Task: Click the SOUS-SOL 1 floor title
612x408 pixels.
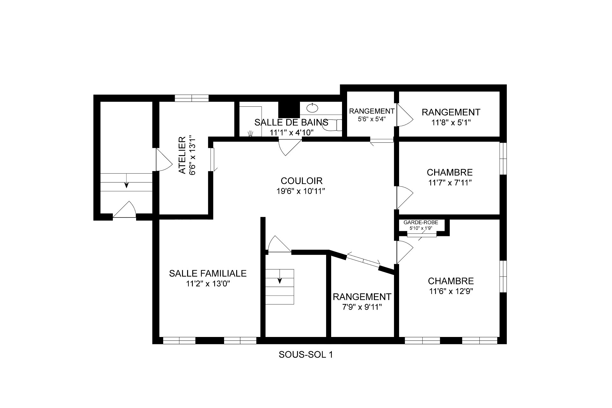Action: point(306,354)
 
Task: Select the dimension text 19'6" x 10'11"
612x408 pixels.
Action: point(301,191)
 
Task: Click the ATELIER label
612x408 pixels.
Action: point(182,155)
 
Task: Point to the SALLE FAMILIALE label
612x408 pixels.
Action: point(208,273)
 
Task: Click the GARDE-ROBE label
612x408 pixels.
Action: point(421,223)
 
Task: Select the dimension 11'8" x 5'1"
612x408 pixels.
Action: point(451,123)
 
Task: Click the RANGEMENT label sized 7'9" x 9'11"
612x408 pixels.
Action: point(362,297)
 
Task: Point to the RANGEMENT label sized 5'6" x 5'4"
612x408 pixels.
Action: point(372,111)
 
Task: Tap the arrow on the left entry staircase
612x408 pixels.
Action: point(127,184)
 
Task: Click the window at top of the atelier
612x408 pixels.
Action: point(192,98)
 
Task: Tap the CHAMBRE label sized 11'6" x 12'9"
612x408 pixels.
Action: point(451,281)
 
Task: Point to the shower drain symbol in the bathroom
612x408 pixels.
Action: point(251,133)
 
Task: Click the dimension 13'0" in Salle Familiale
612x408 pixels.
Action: point(220,284)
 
